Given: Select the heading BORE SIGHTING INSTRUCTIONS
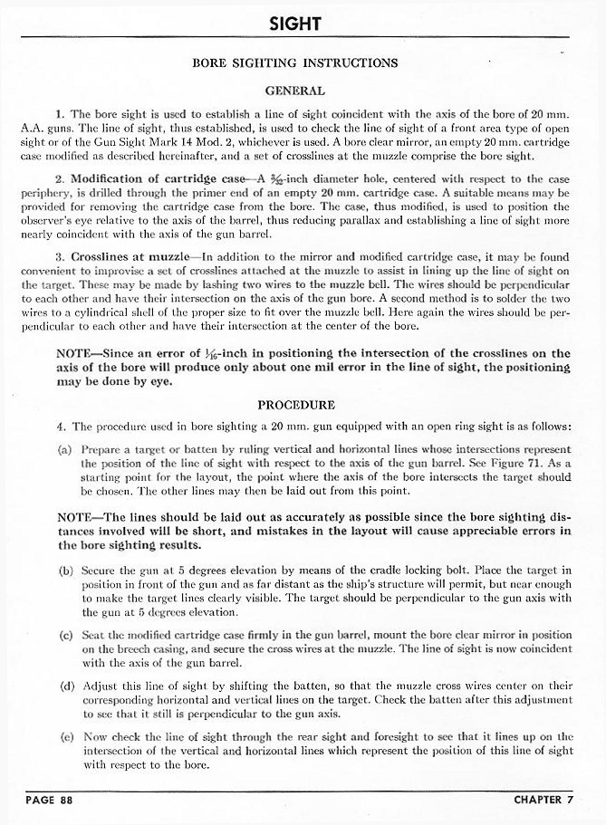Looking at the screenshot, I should [295, 63].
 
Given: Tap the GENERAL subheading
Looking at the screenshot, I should [295, 91].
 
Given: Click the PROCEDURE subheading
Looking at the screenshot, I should [296, 405].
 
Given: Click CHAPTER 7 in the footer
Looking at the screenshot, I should [547, 800].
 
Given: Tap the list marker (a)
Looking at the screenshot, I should [64, 448].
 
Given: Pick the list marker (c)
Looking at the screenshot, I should [64, 637].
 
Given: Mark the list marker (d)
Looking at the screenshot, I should [64, 686].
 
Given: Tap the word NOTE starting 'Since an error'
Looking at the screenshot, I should [75, 353].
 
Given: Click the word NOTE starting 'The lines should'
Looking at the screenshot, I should [75, 518].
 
